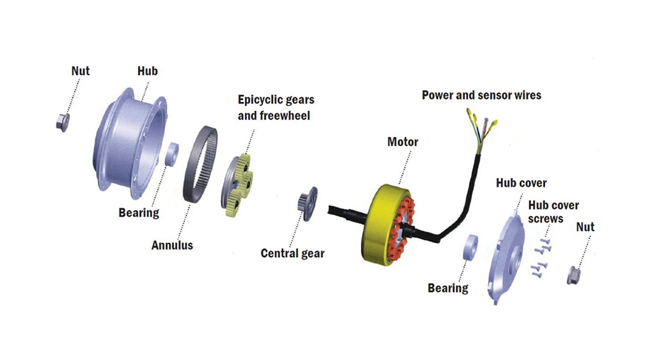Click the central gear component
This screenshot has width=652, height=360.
tap(307, 205)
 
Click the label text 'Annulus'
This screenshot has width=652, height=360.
tap(171, 245)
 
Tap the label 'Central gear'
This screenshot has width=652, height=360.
tap(292, 253)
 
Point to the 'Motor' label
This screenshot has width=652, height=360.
tap(403, 142)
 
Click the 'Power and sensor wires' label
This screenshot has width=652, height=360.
tap(481, 95)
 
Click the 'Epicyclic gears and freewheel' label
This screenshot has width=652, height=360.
tap(275, 107)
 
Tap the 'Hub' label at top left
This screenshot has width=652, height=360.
tap(147, 71)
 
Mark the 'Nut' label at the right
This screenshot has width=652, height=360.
tap(585, 227)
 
